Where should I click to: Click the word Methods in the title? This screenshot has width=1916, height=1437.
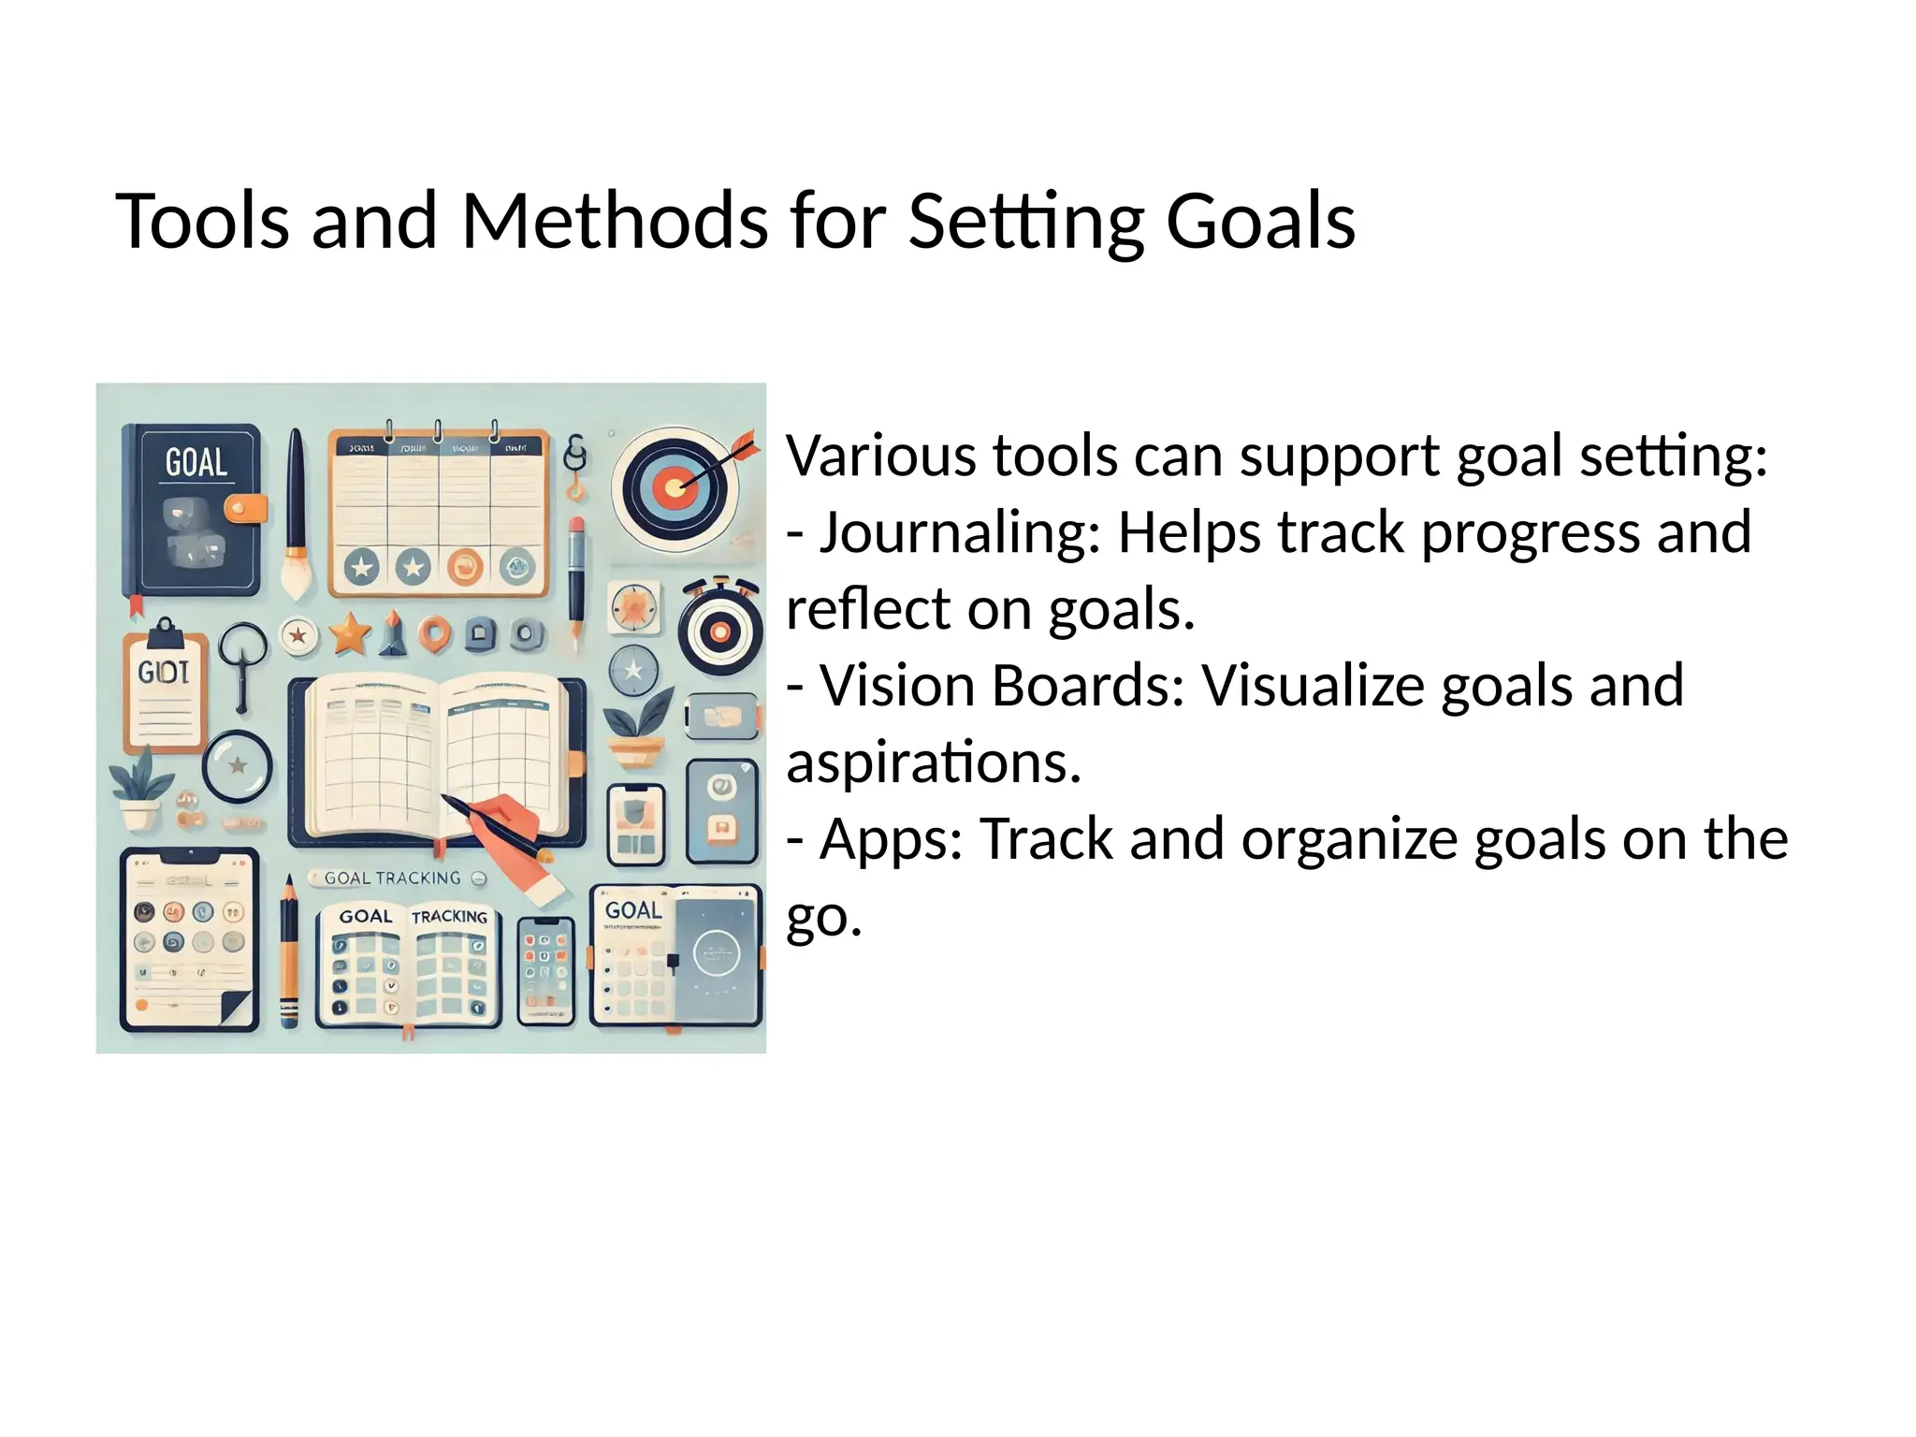tap(616, 222)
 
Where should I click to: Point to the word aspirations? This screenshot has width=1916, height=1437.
tap(933, 762)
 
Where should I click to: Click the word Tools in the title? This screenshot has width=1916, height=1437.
tap(201, 222)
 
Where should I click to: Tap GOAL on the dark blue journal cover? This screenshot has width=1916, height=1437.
tap(196, 462)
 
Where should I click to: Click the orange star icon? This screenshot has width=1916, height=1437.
tap(350, 634)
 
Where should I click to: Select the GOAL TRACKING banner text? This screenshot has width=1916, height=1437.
tap(392, 878)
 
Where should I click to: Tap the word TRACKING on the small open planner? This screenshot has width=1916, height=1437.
tap(450, 917)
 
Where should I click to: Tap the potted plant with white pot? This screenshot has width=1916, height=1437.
tap(139, 791)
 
